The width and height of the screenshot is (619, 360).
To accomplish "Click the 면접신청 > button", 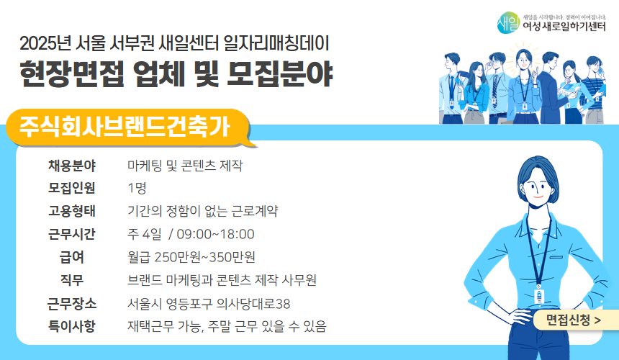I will (x=573, y=319).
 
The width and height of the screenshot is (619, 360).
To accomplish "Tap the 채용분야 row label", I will (x=72, y=166).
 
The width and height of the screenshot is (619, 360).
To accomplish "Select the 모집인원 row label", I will (x=72, y=189).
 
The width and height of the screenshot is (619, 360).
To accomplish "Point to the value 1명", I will (x=137, y=189).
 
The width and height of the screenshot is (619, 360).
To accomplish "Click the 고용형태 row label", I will (x=72, y=212).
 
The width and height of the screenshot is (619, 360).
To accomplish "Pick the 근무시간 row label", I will (x=72, y=234).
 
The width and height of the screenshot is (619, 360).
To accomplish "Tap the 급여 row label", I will (x=72, y=257).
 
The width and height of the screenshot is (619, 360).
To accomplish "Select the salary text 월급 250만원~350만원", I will (x=191, y=257).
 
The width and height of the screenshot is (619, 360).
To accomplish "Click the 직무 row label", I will (x=72, y=280).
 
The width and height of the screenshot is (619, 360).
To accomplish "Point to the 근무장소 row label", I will (x=72, y=303).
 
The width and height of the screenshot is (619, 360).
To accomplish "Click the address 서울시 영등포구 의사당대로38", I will (x=209, y=303).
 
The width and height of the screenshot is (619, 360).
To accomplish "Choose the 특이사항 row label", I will (x=72, y=326).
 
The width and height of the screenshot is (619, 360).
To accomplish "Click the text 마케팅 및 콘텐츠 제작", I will (x=185, y=166).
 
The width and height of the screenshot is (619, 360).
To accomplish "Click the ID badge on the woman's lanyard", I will (x=539, y=297).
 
